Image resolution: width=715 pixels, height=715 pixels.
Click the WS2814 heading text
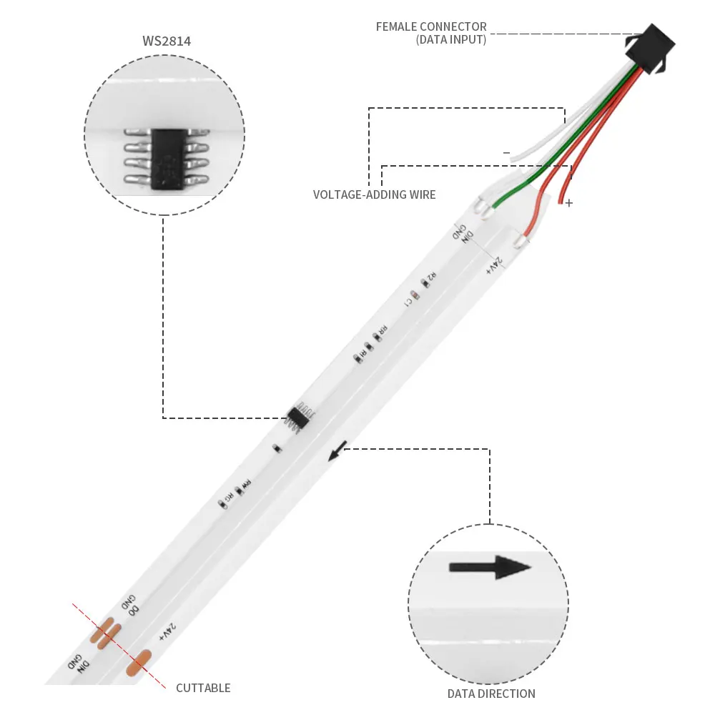pos(166,41)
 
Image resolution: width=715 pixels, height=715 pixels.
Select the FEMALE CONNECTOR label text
pos(431,27)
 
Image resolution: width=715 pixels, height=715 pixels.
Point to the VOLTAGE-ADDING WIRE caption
pos(374,194)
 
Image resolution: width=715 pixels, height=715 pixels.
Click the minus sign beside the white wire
pos(507,152)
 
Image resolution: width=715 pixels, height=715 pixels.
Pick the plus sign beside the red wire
pos(569,203)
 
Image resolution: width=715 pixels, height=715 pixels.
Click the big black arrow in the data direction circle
pos(490,568)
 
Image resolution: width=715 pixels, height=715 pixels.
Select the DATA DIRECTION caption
pos(491,693)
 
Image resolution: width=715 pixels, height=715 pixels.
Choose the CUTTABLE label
pos(203,688)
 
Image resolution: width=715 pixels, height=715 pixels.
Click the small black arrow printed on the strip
pos(337,450)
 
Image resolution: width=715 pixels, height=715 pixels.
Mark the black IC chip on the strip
pos(299,416)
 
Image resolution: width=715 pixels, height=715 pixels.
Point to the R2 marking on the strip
pos(431,277)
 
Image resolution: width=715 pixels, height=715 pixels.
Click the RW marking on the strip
pos(245,484)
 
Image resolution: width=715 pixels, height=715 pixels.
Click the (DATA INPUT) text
pos(450,40)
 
